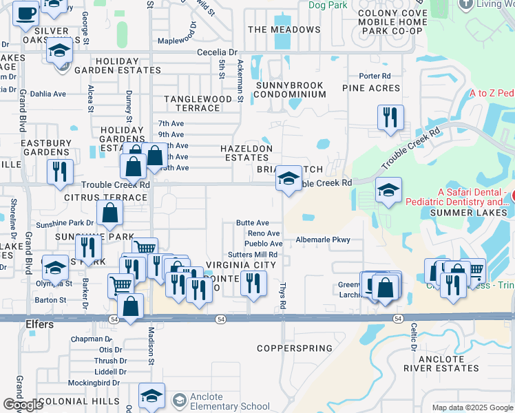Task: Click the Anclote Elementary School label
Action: click(x=220, y=401)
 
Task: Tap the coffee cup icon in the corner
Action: click(x=25, y=13)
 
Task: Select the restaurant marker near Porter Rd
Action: click(x=390, y=116)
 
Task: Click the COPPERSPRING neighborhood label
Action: click(x=295, y=349)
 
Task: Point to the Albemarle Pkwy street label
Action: click(x=323, y=240)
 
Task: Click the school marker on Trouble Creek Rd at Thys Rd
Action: click(x=288, y=180)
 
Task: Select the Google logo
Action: click(x=23, y=405)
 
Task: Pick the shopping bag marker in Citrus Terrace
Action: click(x=109, y=214)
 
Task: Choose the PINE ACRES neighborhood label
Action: click(x=371, y=88)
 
